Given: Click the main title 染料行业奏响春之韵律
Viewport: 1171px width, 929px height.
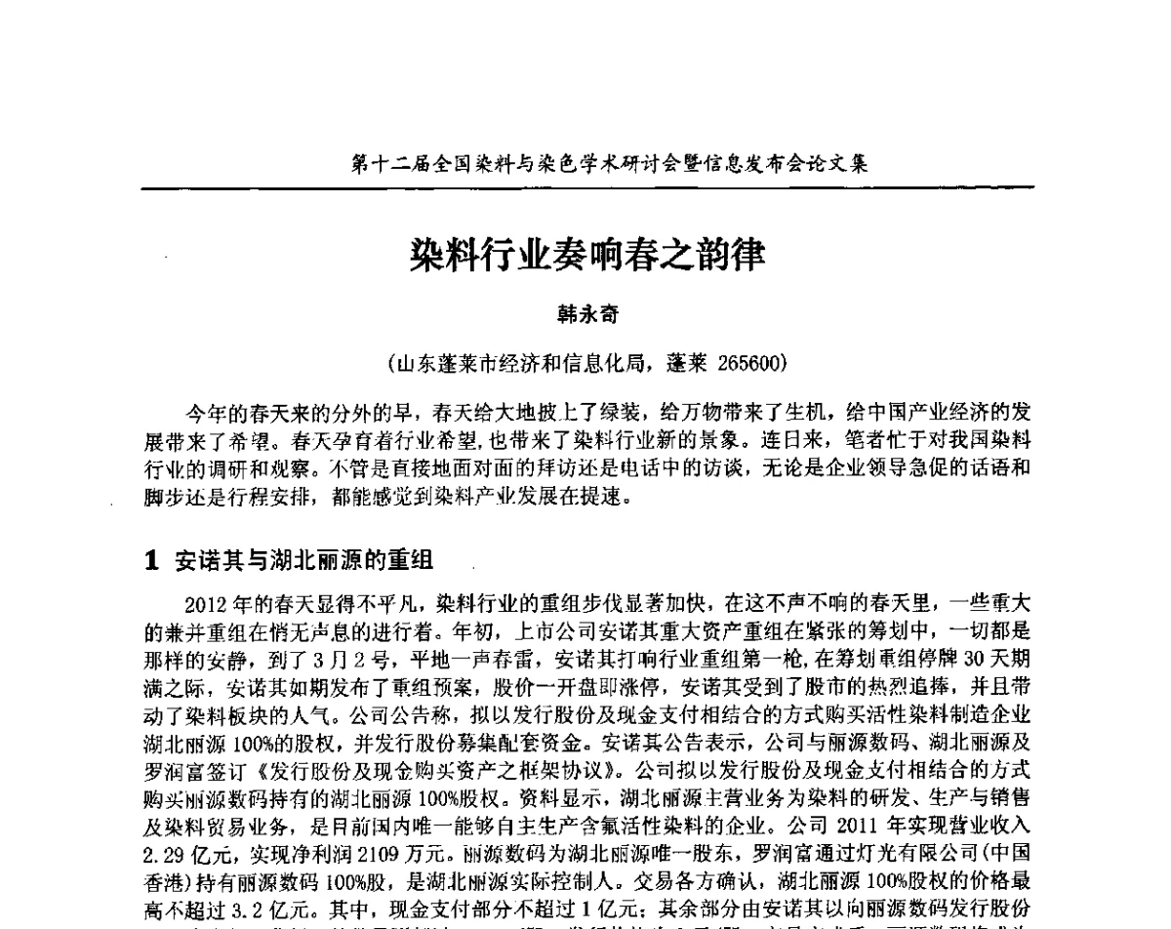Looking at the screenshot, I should [x=587, y=257].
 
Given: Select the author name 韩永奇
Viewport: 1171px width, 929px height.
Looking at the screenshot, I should [x=587, y=315].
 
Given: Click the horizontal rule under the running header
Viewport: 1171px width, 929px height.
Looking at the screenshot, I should [x=585, y=187].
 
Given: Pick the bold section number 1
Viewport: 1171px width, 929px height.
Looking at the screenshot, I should [x=151, y=560].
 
